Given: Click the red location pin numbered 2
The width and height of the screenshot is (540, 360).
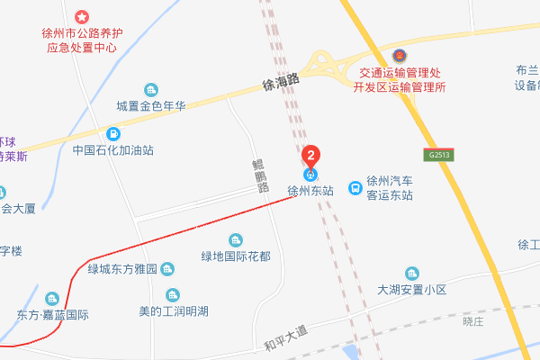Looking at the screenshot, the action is pyautogui.click(x=310, y=154).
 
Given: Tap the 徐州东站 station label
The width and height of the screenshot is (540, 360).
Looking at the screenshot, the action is pyautogui.click(x=310, y=191).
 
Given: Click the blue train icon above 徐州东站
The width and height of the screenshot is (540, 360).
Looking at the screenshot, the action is pyautogui.click(x=310, y=174).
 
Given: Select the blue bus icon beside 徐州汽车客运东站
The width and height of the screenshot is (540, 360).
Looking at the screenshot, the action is pyautogui.click(x=356, y=189).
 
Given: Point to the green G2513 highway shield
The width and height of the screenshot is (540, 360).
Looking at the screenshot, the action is pyautogui.click(x=439, y=155).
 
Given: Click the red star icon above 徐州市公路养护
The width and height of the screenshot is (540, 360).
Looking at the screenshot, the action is pyautogui.click(x=81, y=17).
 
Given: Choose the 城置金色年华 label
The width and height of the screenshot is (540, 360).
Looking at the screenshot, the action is pyautogui.click(x=150, y=105).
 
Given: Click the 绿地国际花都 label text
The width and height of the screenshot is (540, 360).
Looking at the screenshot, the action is pyautogui.click(x=236, y=256).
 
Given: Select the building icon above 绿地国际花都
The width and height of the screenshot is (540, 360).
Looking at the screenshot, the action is pyautogui.click(x=236, y=240).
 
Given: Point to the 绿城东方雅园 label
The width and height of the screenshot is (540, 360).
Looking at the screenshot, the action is pyautogui.click(x=123, y=268).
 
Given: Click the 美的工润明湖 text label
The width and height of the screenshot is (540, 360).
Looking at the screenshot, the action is pyautogui.click(x=173, y=311).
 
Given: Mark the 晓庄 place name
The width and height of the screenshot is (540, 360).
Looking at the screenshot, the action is pyautogui.click(x=473, y=320).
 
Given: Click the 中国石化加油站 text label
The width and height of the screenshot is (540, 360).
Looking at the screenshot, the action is pyautogui.click(x=113, y=151).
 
